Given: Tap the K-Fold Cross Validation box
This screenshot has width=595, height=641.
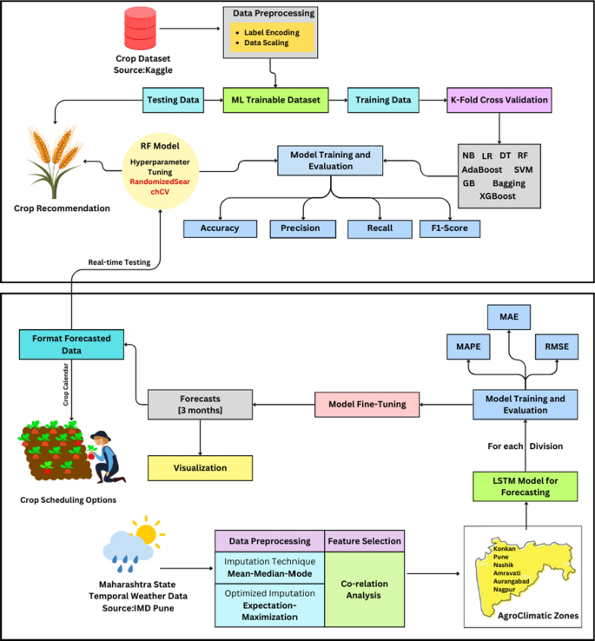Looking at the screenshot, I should coord(499,100).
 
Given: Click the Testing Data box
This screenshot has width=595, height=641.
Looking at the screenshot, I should coord(174,100).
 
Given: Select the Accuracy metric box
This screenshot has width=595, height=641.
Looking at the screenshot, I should coord(220,228).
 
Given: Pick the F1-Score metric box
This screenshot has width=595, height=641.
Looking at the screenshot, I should coord(449,228).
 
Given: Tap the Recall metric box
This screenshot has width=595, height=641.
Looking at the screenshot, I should coord(376,228).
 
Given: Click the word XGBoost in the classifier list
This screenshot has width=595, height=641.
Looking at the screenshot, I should coord(498,197).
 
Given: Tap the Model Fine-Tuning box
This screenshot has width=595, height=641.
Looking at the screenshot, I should coord(366,402).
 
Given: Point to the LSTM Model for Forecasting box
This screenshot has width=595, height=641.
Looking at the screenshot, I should coord(524,486).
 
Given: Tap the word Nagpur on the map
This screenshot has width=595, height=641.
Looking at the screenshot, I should coord(507,591).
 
